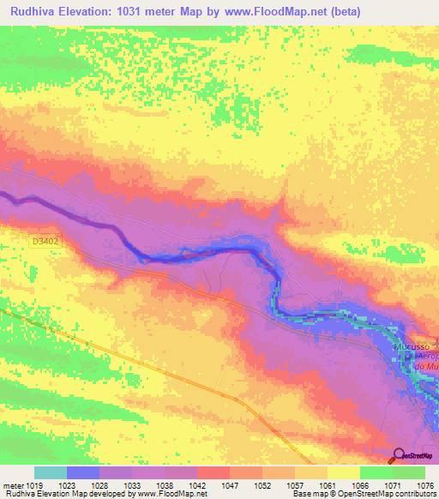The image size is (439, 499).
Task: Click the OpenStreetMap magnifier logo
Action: pyautogui.click(x=400, y=456)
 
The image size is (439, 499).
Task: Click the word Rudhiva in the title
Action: pyautogui.click(x=37, y=12)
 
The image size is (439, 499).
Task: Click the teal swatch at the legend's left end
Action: pyautogui.click(x=51, y=472)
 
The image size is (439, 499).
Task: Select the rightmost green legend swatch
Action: pyautogui.click(x=409, y=472)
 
